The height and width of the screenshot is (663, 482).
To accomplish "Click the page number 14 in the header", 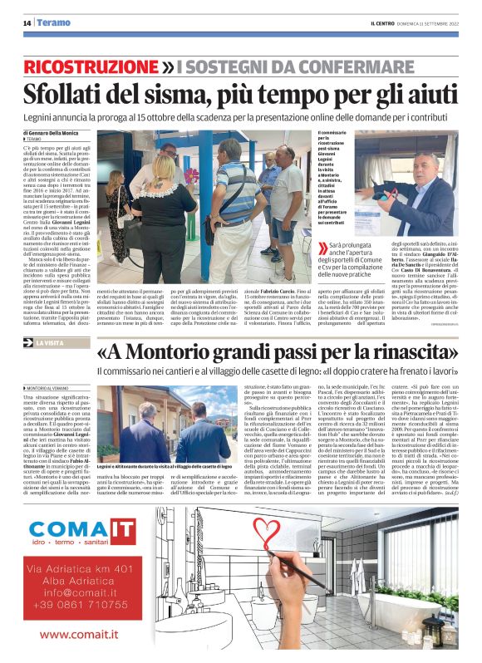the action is (27, 22).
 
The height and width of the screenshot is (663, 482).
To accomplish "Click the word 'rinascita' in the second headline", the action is (414, 354).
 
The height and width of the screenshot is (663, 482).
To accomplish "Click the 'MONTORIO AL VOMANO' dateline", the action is (53, 388).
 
